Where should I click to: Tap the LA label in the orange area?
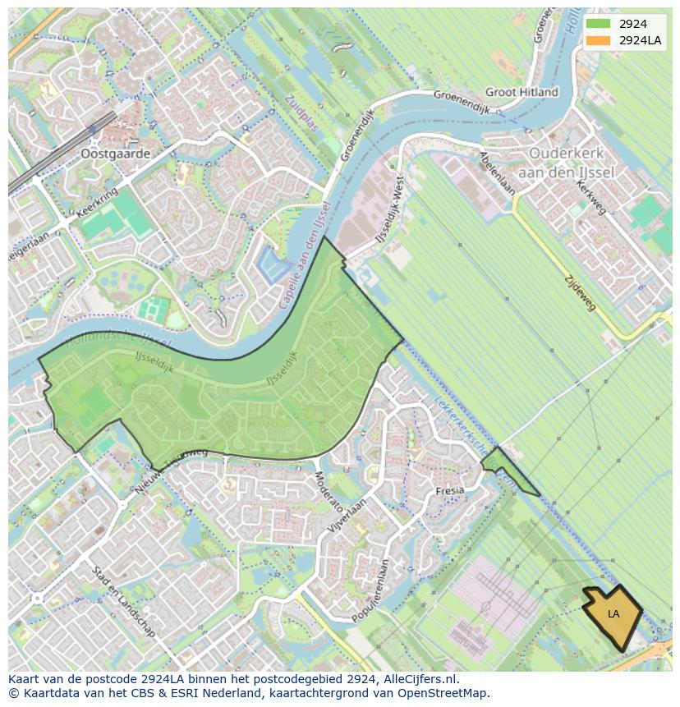click(613, 614)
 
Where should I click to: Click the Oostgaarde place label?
click(115, 154)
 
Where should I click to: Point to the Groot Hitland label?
click(521, 92)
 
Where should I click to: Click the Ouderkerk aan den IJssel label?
click(566, 161)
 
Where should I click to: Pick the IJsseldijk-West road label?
click(391, 215)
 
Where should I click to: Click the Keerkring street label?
click(97, 202)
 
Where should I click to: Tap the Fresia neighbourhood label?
click(450, 490)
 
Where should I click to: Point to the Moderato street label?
click(328, 490)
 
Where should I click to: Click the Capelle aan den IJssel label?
click(303, 255)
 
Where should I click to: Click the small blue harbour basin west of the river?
click(272, 267)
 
